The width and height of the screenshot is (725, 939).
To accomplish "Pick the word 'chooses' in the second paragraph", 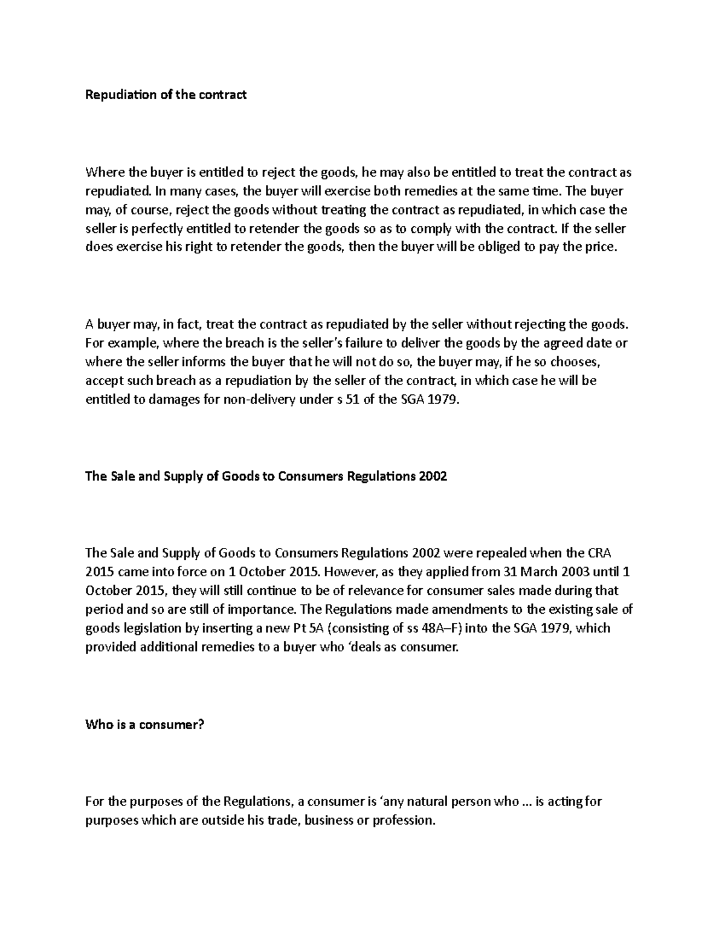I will pyautogui.click(x=575, y=362).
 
